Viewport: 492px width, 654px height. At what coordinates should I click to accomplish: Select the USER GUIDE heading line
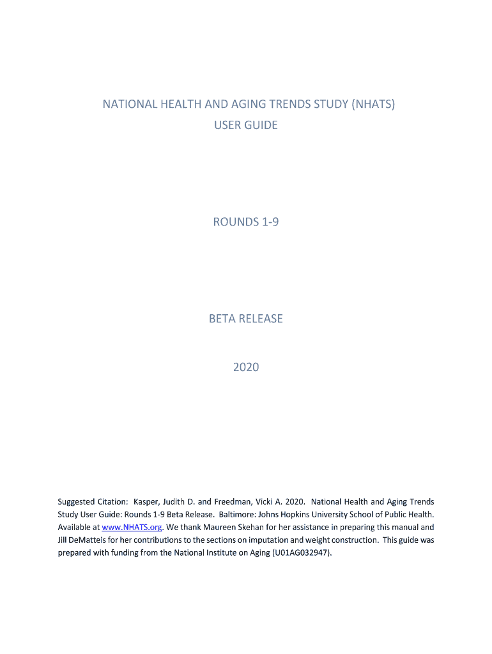pyautogui.click(x=246, y=125)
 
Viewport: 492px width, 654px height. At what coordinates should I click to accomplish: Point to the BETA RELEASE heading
pyautogui.click(x=246, y=319)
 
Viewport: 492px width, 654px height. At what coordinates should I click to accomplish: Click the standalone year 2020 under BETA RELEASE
pyautogui.click(x=246, y=367)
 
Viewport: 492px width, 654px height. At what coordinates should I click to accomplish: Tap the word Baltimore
pyautogui.click(x=238, y=515)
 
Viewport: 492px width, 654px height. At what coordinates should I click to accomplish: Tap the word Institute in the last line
pyautogui.click(x=233, y=553)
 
